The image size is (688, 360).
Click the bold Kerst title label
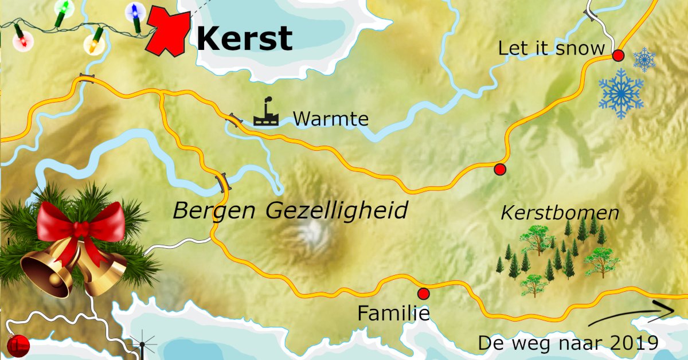[244, 39]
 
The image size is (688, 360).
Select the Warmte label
[330, 119]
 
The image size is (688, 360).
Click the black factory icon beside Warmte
[266, 113]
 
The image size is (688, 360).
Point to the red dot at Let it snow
[618, 56]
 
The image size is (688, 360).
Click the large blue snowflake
[621, 93]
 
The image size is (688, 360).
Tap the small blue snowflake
[644, 59]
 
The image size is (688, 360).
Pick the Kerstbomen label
[560, 213]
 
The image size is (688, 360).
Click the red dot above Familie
[424, 294]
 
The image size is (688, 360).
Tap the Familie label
[393, 314]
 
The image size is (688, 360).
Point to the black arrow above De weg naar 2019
[631, 315]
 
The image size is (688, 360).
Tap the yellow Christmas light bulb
[93, 43]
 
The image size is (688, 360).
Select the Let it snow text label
[551, 48]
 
